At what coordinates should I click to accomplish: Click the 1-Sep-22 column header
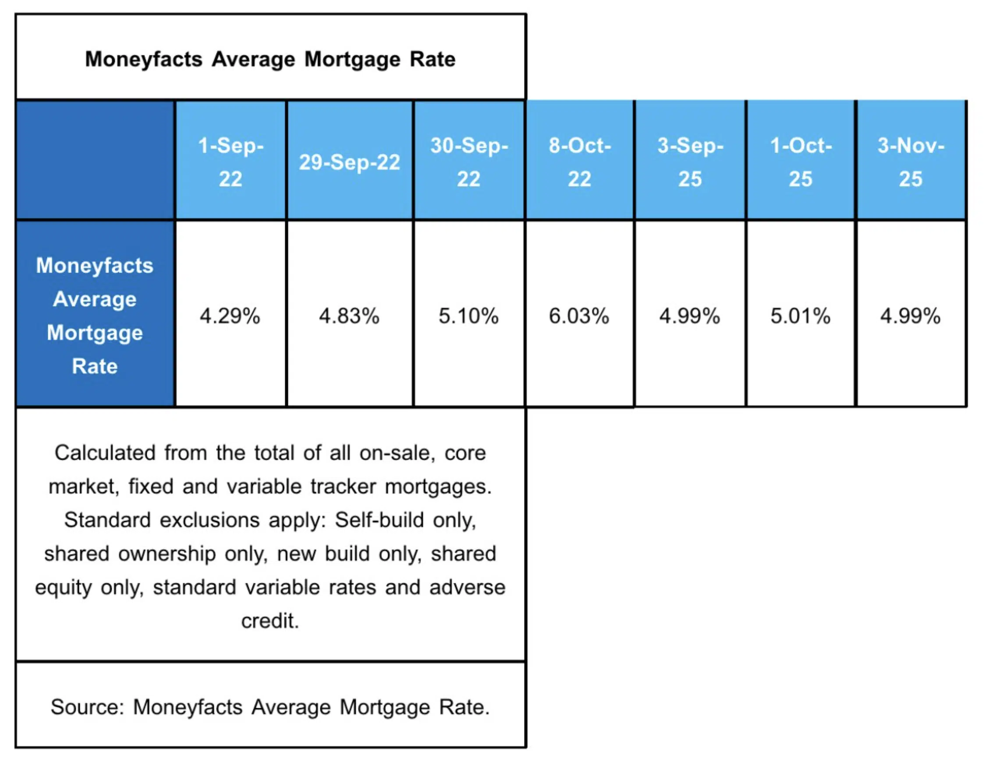point(230,161)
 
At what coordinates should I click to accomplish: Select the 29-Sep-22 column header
point(349,162)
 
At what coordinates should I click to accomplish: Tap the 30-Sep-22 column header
point(468,161)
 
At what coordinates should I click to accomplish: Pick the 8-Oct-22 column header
point(579,161)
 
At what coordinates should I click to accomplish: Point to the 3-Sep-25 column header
point(690,161)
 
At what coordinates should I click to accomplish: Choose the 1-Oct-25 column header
point(801,161)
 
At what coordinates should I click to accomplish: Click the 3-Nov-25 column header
point(911,161)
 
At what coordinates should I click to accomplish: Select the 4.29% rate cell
point(230,316)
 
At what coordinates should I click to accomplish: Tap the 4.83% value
point(349,316)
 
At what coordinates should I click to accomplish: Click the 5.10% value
point(468,316)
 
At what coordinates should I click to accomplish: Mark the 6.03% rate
point(579,316)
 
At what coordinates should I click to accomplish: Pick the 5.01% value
point(800,316)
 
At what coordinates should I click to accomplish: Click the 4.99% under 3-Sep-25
point(689,316)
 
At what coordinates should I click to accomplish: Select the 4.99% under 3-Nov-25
point(910,316)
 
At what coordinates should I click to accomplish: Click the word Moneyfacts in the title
point(144,60)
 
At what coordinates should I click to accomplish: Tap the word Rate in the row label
point(95,366)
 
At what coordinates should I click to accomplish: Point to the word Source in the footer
point(87,707)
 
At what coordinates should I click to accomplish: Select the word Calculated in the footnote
point(105,453)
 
